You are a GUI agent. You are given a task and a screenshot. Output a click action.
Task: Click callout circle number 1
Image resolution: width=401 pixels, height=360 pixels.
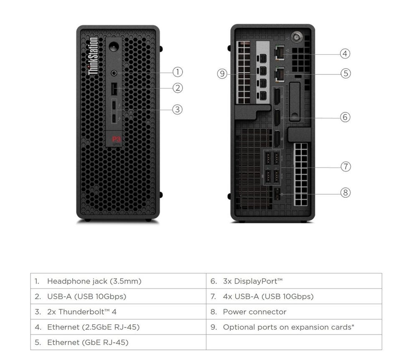(178, 72)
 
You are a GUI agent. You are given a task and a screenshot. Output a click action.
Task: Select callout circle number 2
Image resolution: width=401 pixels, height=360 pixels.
(178, 88)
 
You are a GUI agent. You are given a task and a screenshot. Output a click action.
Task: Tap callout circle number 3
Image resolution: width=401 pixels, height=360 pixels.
(178, 109)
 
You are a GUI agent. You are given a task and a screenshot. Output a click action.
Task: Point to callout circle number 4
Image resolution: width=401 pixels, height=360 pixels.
(345, 53)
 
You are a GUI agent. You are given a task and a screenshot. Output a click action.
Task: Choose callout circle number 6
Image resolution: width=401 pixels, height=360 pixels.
(345, 117)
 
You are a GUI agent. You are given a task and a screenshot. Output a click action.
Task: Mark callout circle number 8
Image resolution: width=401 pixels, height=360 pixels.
(345, 193)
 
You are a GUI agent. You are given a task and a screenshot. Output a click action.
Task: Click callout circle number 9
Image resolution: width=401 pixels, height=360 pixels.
(222, 74)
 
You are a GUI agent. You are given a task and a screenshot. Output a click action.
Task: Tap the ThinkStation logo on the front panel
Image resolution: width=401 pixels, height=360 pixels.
(94, 56)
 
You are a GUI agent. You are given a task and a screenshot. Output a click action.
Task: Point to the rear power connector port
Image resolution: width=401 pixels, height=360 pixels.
(276, 193)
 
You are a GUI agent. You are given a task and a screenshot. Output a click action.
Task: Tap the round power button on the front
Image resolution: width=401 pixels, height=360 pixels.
(114, 44)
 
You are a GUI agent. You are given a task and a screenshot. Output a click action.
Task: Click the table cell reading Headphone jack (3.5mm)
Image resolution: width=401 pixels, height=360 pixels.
(118, 281)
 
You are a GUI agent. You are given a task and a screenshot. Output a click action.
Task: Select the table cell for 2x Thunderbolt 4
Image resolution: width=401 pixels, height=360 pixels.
(118, 312)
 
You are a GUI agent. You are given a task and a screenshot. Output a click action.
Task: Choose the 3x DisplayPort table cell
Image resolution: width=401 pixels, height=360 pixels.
(294, 281)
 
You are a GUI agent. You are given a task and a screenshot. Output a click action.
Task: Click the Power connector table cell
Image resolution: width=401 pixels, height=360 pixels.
(294, 312)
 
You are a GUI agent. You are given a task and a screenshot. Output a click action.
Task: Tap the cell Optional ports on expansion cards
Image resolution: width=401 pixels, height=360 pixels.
(294, 327)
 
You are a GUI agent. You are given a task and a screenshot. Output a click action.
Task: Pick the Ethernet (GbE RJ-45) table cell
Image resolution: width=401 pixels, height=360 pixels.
(118, 342)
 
